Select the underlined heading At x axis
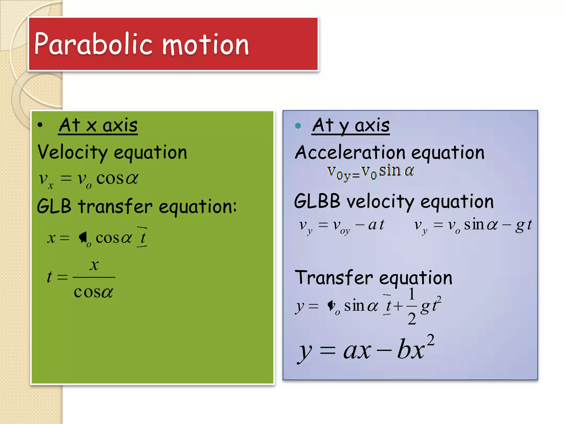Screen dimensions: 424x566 point(98,126)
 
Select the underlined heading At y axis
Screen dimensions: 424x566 point(351,126)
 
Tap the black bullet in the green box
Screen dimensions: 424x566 point(40,125)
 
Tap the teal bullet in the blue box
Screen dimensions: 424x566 point(298,126)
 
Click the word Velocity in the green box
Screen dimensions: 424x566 point(72,153)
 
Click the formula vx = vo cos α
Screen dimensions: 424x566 point(88,179)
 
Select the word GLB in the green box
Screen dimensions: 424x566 point(54,206)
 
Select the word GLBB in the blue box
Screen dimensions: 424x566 point(317,201)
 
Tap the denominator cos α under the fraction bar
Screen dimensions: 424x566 point(93,292)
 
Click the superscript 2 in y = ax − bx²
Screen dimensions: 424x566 point(430,340)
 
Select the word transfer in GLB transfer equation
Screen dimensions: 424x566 point(115,206)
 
